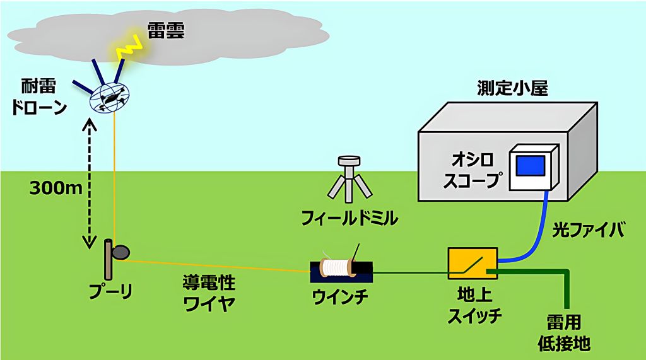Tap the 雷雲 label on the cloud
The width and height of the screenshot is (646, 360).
(166, 30)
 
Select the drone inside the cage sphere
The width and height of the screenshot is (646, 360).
(110, 97)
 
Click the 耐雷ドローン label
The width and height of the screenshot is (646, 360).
(39, 97)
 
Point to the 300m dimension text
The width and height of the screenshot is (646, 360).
(56, 189)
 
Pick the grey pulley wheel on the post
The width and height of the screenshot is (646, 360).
(120, 252)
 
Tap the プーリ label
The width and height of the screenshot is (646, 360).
(111, 291)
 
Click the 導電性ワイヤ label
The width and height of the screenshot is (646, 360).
(209, 293)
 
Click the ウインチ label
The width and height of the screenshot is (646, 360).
(340, 296)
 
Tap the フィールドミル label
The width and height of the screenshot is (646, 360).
(349, 218)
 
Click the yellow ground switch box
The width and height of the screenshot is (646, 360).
(473, 264)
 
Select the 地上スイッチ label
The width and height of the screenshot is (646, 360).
(474, 305)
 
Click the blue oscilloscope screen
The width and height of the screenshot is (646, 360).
(531, 166)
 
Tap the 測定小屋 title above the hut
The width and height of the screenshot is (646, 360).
(513, 88)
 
